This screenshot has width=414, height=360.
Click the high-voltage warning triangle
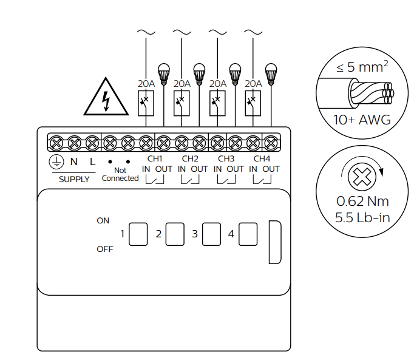point(107,98)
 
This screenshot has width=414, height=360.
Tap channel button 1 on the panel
point(138,234)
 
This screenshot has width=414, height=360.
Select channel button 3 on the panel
point(211,234)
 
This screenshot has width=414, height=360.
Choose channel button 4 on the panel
point(248,234)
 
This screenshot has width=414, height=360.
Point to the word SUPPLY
point(74,179)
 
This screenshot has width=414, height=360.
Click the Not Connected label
point(120,174)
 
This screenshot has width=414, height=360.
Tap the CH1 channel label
point(154,158)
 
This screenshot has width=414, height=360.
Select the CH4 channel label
point(262,158)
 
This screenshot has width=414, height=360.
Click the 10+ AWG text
point(362,120)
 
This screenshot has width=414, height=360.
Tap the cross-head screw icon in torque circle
point(362,178)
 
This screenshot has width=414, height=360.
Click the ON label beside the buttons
point(103,220)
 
